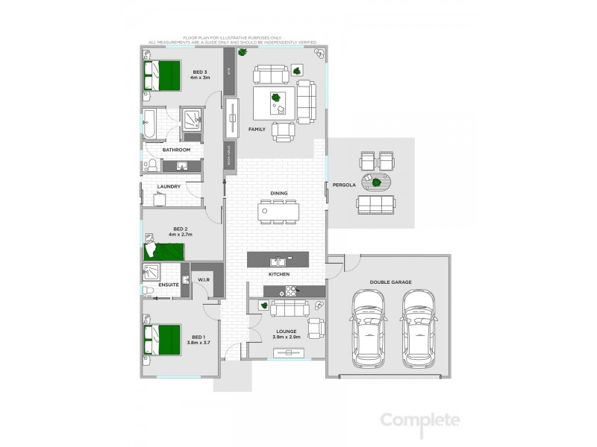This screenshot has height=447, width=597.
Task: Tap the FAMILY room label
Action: pos(257,129)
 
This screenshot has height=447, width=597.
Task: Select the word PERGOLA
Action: pos(343,183)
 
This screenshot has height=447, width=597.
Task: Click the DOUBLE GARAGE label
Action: pos(390,282)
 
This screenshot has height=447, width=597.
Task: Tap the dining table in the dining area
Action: pos(279,212)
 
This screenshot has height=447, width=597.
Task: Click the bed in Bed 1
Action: pos(165,343)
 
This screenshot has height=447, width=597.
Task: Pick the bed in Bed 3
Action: pos(164,74)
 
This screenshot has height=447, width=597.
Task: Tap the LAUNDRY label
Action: pos(169,186)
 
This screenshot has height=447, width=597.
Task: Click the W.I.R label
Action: pos(203,280)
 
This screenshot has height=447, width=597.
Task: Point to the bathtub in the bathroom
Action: pos(149,124)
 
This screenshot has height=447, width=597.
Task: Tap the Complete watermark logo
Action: pos(420,420)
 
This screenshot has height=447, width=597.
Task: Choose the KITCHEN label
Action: pos(279,274)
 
